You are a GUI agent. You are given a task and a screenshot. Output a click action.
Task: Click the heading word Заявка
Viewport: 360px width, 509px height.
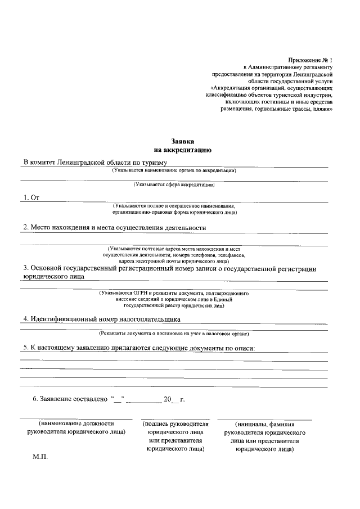182,142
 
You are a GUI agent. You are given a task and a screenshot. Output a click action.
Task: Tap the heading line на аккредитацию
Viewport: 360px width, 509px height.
182,150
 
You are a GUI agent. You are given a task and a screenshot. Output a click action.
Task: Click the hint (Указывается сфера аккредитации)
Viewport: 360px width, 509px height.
174,184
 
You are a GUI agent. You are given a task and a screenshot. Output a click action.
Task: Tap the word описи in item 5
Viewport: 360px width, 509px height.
242,348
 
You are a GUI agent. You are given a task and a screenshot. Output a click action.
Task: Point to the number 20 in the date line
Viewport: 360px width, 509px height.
166,399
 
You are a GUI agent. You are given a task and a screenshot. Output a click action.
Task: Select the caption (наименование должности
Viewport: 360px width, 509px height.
76,424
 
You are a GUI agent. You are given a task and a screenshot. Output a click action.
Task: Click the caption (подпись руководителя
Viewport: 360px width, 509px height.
175,424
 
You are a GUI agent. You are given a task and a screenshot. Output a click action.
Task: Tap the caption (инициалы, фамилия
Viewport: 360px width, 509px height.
264,424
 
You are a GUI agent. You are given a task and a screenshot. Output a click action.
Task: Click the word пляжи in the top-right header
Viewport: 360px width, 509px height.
321,110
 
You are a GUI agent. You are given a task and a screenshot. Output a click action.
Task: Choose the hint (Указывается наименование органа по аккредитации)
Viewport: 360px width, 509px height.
174,170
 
